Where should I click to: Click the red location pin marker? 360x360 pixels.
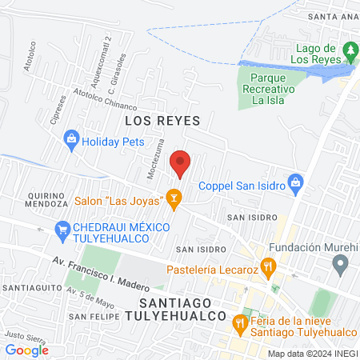(x=182, y=163)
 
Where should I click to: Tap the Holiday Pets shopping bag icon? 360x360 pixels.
(x=71, y=138)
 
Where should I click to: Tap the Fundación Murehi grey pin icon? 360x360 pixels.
(x=342, y=265)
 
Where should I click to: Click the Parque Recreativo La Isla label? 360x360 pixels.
(x=268, y=90)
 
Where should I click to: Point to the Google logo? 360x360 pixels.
(x=26, y=350)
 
